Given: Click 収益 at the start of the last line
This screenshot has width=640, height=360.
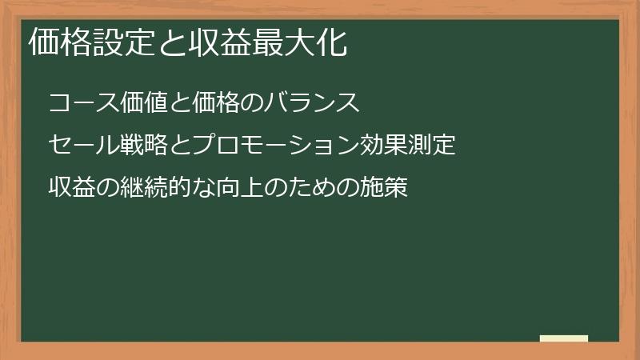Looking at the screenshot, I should [x=72, y=188].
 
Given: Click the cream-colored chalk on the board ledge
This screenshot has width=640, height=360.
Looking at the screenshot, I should [x=563, y=338].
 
